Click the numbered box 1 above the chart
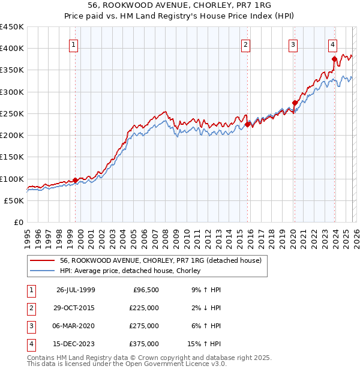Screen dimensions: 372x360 point(73,44)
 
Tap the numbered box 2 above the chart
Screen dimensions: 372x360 point(246,44)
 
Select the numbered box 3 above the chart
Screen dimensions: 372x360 point(293,44)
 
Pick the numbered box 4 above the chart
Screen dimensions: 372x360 point(332,44)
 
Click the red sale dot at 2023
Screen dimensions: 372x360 point(334,59)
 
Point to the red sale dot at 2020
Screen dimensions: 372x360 point(295,103)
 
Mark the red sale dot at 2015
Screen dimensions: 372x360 point(248,125)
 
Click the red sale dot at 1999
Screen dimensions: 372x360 point(76,180)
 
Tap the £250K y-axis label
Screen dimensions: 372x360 point(12,113)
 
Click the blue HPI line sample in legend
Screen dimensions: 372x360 point(42,271)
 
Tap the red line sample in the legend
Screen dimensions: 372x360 point(42,261)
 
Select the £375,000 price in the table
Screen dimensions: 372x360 point(144,344)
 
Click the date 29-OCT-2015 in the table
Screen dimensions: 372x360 point(75,308)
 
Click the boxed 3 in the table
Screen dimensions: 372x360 point(30,326)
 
